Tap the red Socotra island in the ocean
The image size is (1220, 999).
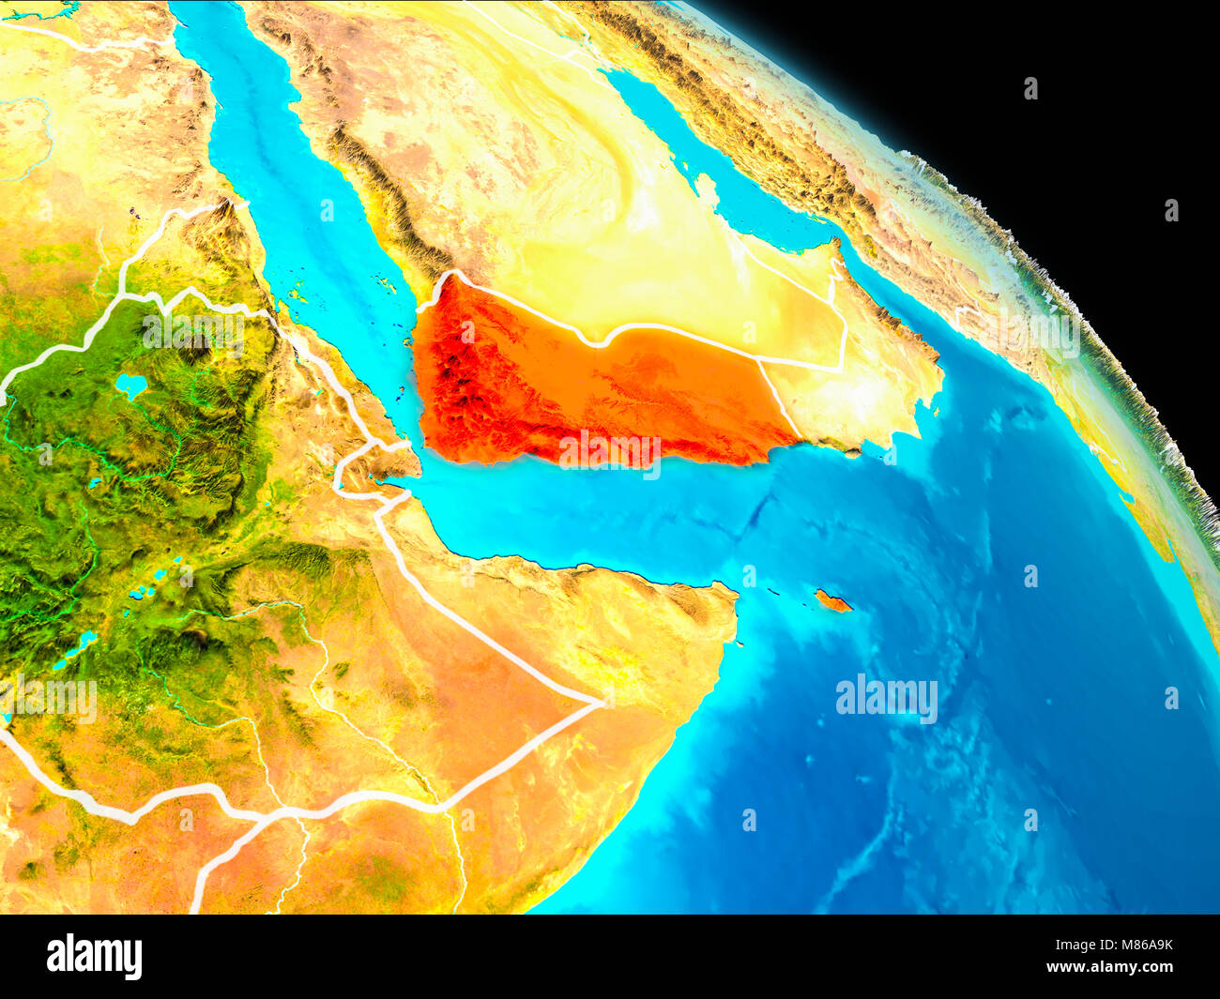(x=832, y=601)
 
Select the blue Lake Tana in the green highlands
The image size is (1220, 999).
(x=130, y=386)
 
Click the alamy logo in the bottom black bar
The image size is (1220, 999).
(x=94, y=956)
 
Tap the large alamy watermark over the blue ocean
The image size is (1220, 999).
(x=886, y=699)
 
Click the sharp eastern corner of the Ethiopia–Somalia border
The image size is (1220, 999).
(x=601, y=702)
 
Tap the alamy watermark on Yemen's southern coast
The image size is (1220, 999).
(x=609, y=449)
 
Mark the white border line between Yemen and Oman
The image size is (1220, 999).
(x=779, y=399)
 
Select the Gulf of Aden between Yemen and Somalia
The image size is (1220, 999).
(x=582, y=516)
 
